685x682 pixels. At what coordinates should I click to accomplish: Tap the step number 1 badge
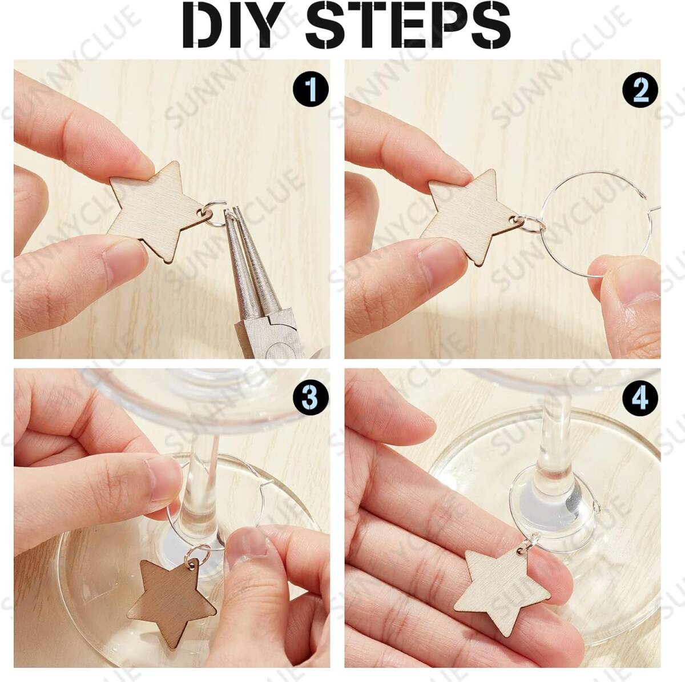click(311, 90)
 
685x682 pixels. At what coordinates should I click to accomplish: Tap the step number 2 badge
click(640, 90)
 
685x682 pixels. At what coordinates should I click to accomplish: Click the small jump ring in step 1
click(213, 218)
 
